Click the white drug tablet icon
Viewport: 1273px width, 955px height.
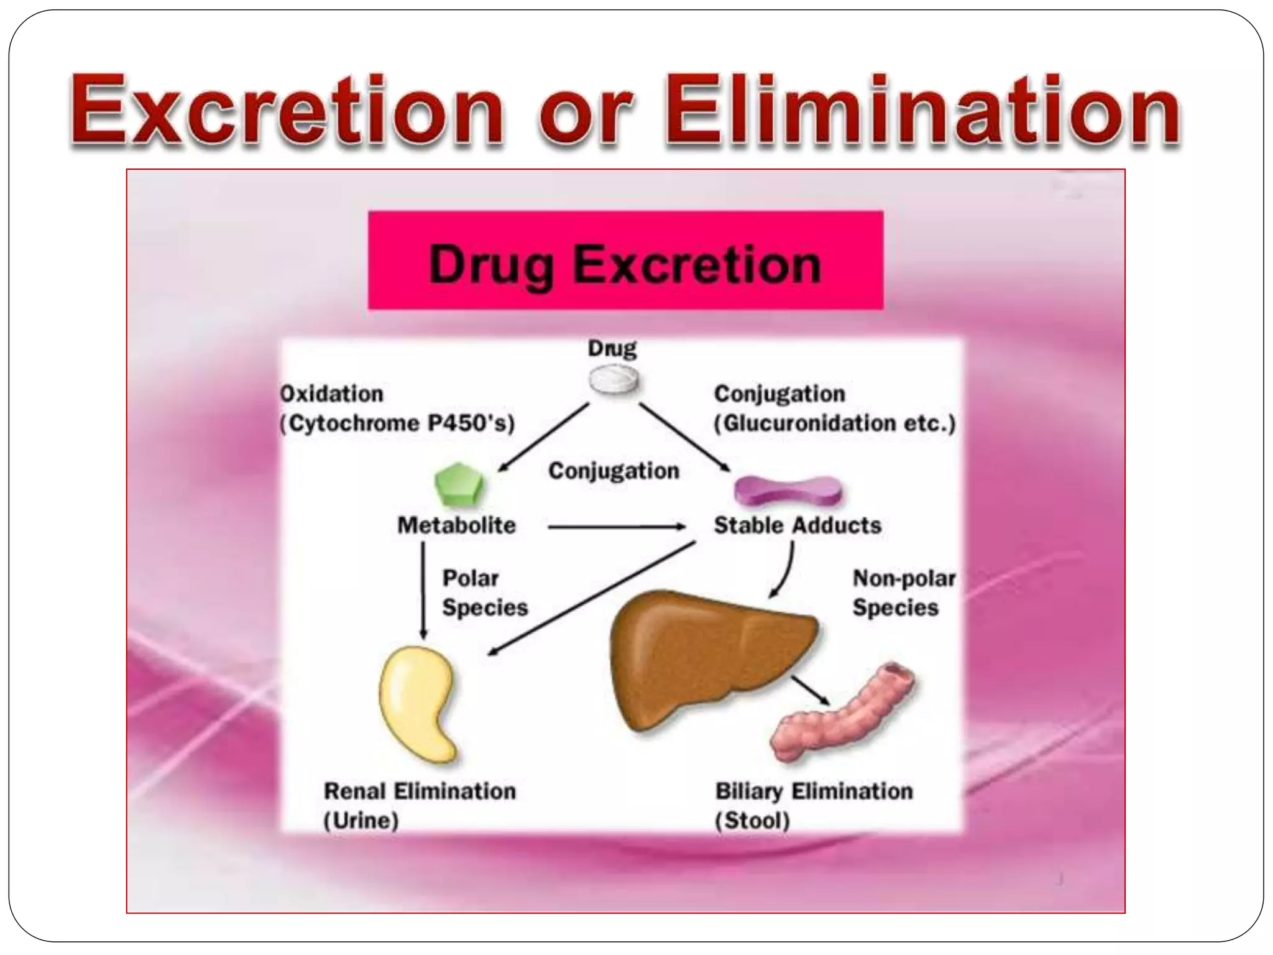[614, 379]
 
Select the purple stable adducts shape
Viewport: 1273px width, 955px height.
[788, 491]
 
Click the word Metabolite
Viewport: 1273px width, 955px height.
[457, 525]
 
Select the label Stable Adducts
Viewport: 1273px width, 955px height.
[797, 525]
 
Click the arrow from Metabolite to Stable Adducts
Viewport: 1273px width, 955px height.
[615, 527]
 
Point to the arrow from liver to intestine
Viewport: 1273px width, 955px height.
[810, 690]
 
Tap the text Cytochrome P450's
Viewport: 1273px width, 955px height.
[398, 423]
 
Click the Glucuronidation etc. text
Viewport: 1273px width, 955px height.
[834, 423]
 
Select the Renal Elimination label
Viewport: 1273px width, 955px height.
[420, 791]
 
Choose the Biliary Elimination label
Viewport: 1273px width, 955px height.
[814, 791]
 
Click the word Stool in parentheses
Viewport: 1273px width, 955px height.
[752, 821]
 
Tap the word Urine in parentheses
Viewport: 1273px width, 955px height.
[361, 821]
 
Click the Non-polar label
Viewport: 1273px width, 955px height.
[904, 578]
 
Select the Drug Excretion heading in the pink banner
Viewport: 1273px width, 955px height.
[625, 265]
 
